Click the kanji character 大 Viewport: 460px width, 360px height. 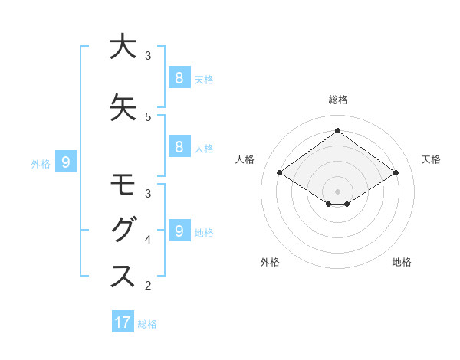[123, 47]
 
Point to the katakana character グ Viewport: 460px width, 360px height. [123, 231]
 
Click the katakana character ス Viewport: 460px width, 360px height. [123, 277]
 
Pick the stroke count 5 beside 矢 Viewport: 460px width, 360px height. [148, 117]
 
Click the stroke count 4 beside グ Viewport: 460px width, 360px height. [148, 240]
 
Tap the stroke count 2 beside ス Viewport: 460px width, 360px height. [148, 286]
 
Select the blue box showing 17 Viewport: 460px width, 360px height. [123, 322]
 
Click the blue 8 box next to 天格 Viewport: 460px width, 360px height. [179, 77]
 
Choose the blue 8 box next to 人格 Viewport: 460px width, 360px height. [179, 147]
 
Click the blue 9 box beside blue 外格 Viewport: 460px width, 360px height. [66, 162]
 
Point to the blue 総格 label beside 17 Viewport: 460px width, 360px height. [147, 324]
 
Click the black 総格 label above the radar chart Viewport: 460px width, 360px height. [337, 100]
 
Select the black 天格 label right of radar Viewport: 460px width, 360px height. [432, 159]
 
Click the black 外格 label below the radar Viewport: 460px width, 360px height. [270, 263]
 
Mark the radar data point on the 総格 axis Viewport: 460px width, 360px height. [337, 130]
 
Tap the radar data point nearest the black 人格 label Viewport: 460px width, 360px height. [280, 173]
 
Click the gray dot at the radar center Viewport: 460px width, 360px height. [337, 190]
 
